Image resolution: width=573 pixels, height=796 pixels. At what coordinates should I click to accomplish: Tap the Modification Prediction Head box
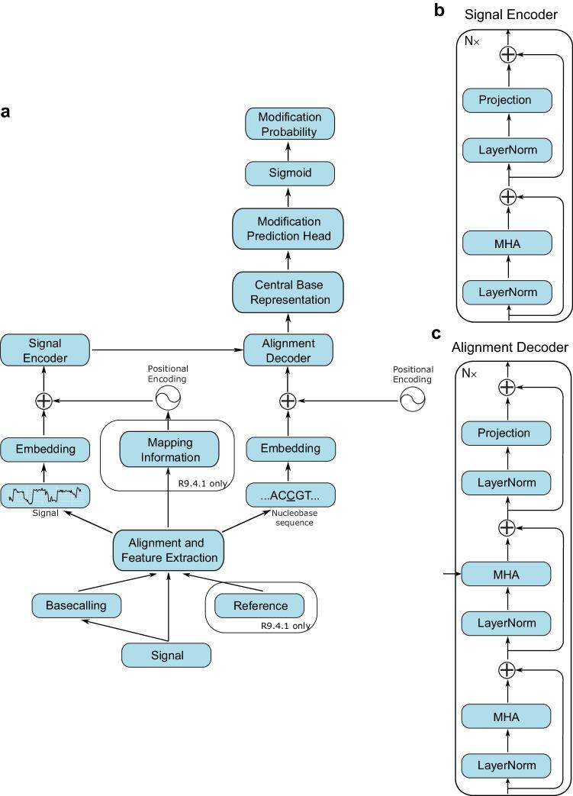click(287, 228)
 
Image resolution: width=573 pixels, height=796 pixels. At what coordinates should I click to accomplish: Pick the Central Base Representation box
click(287, 292)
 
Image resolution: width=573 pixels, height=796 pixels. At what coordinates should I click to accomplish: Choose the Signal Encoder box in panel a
click(44, 350)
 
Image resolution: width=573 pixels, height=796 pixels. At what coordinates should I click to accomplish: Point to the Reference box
click(261, 606)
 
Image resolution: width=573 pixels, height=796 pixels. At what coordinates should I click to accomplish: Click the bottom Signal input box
click(166, 654)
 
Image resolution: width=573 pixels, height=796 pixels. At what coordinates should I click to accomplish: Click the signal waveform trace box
click(44, 496)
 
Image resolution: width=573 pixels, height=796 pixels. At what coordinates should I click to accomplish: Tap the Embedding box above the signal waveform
click(44, 449)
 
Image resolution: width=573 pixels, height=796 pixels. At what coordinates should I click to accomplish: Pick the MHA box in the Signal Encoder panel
click(507, 244)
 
